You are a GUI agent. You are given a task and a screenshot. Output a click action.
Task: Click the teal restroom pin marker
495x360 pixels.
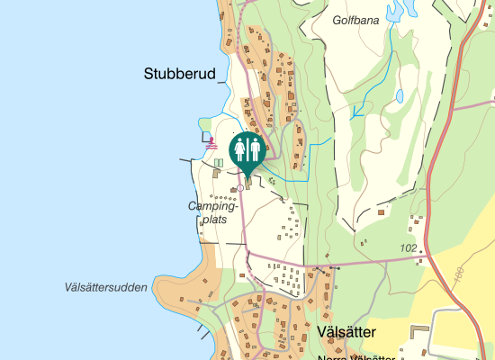click(247, 150)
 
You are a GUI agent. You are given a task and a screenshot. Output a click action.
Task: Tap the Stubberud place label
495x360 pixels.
click(180, 75)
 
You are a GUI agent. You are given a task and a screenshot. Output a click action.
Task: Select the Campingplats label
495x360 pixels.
click(208, 212)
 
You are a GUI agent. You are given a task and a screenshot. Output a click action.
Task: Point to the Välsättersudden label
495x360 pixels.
click(106, 288)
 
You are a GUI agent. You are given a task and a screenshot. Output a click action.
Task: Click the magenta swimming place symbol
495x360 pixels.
click(212, 143)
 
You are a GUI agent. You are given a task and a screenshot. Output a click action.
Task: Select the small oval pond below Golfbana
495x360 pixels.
click(399, 94)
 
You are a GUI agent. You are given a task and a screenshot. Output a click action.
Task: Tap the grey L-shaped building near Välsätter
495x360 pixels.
click(419, 331)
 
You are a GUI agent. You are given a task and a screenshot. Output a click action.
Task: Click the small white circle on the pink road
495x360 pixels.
click(240, 188)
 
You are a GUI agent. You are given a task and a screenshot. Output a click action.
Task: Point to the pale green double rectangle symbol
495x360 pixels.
click(219, 164)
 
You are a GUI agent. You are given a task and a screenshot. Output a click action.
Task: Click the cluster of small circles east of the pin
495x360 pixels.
click(271, 181)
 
